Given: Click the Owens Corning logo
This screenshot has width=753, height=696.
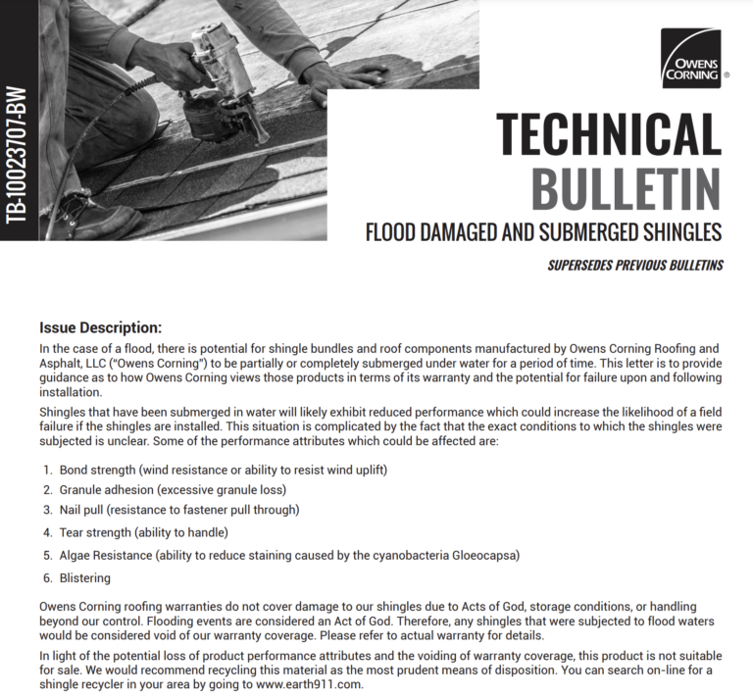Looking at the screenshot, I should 690,59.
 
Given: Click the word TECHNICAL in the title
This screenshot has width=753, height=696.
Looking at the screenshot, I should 608,135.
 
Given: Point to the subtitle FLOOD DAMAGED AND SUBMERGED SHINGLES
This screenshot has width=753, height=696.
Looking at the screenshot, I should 543,232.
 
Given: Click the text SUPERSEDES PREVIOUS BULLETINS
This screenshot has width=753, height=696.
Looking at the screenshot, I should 635,265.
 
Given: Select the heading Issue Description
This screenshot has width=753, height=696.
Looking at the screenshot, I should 100,327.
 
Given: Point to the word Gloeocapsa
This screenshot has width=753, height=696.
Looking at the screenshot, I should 480,555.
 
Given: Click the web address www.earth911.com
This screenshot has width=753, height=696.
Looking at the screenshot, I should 308,685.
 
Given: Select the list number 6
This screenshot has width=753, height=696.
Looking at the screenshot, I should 46,578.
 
